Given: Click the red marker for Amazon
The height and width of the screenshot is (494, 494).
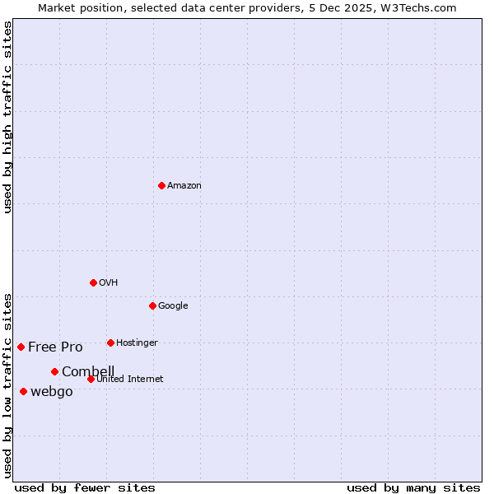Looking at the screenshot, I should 161,185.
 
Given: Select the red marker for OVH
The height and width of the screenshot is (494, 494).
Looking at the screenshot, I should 93,282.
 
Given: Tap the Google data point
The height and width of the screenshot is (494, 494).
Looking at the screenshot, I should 152,305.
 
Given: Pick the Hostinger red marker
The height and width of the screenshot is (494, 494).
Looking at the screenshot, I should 110,343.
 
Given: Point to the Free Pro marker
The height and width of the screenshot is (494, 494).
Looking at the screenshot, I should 21,347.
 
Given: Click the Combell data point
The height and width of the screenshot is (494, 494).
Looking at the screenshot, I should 54,371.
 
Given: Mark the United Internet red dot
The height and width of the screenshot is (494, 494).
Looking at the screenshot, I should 91,379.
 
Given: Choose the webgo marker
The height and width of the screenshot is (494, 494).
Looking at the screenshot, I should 23,391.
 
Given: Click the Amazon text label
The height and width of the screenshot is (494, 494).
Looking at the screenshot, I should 184,186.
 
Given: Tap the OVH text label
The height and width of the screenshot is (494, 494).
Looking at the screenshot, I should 108,283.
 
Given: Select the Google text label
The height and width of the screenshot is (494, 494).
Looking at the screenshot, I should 173,306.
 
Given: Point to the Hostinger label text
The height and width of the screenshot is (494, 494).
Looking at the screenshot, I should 137,343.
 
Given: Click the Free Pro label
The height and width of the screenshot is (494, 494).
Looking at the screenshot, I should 55,347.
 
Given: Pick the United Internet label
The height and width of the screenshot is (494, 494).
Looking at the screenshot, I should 130,380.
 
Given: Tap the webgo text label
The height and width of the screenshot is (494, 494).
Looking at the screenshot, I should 52,392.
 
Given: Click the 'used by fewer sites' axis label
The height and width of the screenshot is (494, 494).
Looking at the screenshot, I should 85,487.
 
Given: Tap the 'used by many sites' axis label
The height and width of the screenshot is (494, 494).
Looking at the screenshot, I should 413,487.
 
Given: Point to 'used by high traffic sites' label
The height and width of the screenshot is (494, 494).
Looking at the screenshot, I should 7,117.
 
